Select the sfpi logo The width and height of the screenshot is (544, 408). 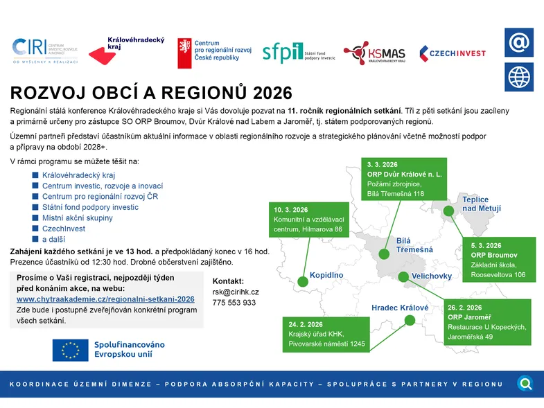[298, 52]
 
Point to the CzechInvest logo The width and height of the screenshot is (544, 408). [452, 53]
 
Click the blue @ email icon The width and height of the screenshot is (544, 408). [518, 43]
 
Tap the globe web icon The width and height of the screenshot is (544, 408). [518, 76]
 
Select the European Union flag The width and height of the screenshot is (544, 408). [70, 350]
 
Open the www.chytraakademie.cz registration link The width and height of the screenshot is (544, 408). [105, 299]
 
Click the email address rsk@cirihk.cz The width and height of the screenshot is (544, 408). [236, 292]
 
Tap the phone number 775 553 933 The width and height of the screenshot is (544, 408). [234, 303]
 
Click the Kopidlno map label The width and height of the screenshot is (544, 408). [326, 275]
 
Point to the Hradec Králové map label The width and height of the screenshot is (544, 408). [400, 308]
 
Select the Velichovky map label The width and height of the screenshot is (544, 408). [431, 276]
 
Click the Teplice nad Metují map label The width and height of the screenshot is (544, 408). [482, 204]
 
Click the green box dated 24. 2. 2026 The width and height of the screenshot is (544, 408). [324, 333]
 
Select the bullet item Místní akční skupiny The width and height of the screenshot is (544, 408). [77, 218]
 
